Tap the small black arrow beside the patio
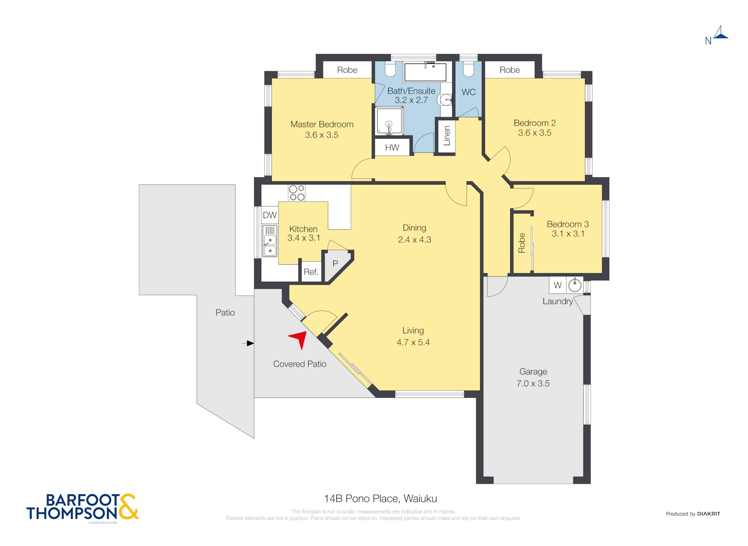click(x=248, y=343)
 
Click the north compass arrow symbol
click(x=720, y=32)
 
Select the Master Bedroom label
click(x=322, y=124)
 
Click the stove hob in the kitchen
click(x=297, y=193)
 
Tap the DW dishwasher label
click(x=270, y=215)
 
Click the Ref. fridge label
click(x=311, y=272)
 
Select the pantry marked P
click(x=335, y=263)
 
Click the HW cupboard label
click(x=392, y=148)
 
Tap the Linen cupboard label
click(x=447, y=136)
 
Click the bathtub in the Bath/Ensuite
click(x=425, y=72)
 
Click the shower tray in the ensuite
click(x=389, y=121)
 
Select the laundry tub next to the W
click(x=575, y=285)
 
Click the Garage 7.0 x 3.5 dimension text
click(x=533, y=383)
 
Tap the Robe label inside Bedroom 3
click(x=522, y=243)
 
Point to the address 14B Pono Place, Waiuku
click(x=381, y=498)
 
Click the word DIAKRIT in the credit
click(x=709, y=514)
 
